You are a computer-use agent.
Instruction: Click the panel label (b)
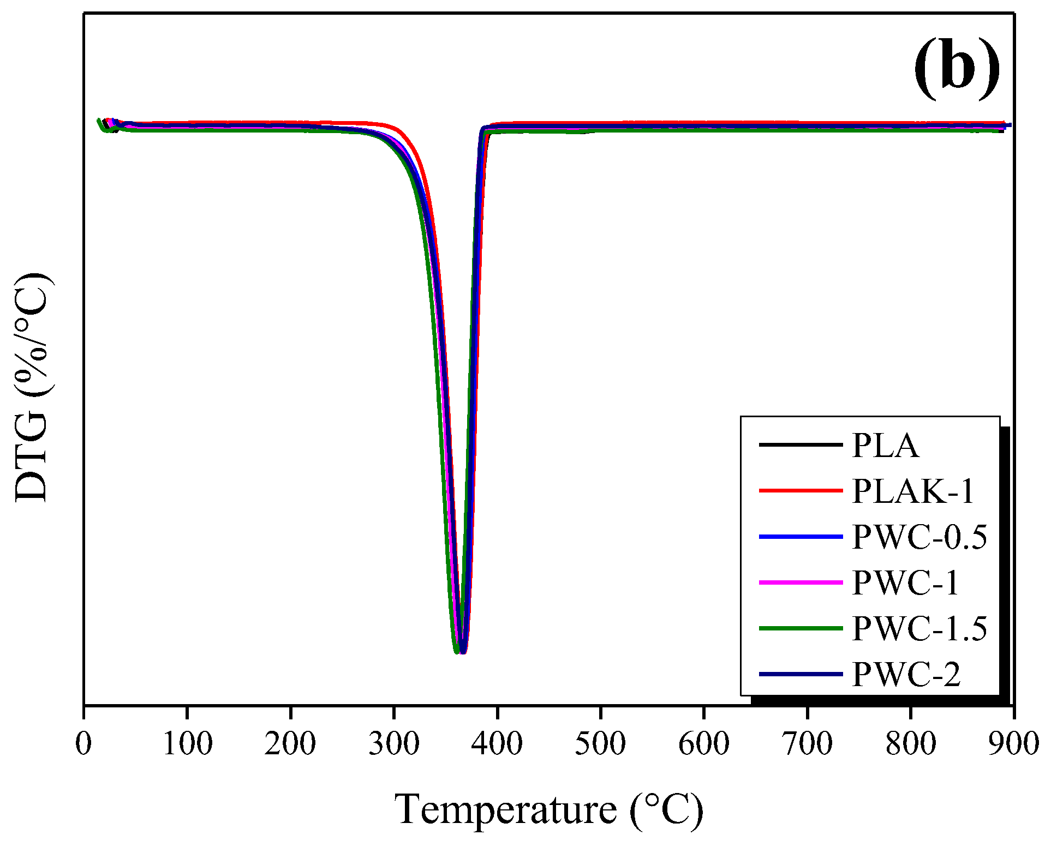click(957, 69)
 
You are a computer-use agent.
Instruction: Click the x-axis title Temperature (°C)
click(548, 810)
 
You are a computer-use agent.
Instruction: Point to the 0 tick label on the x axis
click(84, 743)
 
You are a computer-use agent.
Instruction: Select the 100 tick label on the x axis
click(187, 743)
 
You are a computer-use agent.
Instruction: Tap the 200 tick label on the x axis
click(290, 743)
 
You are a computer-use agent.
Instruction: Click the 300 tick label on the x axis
click(394, 743)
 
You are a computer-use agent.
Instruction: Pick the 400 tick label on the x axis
click(497, 743)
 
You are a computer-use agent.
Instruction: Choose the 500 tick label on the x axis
click(600, 743)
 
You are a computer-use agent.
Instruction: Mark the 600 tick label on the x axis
click(704, 743)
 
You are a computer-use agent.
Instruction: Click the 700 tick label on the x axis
click(807, 743)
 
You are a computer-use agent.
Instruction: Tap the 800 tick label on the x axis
click(911, 743)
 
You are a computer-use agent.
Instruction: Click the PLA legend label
click(885, 446)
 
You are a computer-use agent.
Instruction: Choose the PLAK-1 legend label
click(913, 491)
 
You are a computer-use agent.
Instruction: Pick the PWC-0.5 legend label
click(919, 537)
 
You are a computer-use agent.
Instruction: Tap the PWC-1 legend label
click(905, 583)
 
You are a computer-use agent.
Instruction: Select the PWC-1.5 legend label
click(919, 629)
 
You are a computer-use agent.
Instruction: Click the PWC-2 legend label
click(906, 675)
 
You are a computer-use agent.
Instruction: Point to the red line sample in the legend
click(801, 491)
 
